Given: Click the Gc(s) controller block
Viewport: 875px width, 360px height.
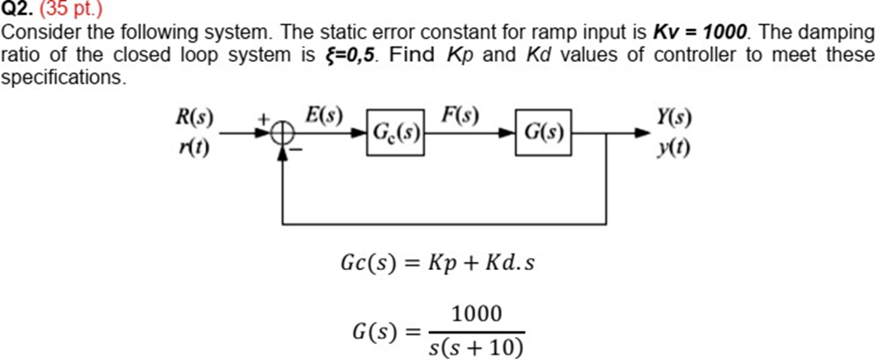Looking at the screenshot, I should click(x=394, y=133).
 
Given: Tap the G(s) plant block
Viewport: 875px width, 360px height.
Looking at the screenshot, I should click(x=543, y=133).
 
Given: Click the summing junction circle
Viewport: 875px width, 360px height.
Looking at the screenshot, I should click(x=282, y=134).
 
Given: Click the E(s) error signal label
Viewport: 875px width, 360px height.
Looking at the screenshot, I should click(x=323, y=115).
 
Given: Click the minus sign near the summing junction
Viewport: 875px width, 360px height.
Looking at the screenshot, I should click(x=297, y=152).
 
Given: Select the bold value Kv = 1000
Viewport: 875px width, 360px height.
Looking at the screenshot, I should click(x=699, y=33).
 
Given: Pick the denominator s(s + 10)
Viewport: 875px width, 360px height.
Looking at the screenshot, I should click(x=476, y=347).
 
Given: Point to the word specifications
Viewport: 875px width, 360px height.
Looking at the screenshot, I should click(x=63, y=77).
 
